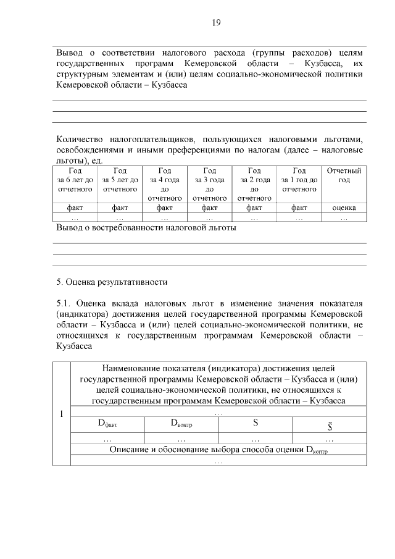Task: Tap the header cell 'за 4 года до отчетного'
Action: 165,184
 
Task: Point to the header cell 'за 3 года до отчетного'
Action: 210,184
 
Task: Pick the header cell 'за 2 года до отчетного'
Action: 254,184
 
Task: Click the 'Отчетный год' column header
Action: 344,175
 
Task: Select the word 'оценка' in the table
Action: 344,208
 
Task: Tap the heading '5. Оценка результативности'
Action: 112,282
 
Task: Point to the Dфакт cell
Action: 107,424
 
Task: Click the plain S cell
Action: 256,424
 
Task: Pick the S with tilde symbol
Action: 330,425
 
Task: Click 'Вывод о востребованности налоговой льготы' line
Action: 146,227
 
